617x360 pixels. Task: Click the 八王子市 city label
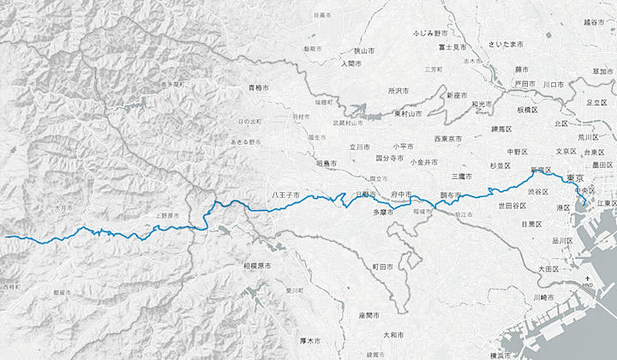click(x=285, y=195)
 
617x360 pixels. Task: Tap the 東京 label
click(x=576, y=177)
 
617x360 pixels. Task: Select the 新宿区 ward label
click(x=542, y=169)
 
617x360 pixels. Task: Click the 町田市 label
click(x=383, y=267)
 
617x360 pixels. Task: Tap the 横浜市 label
click(x=503, y=355)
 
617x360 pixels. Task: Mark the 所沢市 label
click(x=399, y=90)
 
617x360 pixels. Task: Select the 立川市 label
click(x=358, y=147)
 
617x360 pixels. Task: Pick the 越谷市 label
click(x=594, y=22)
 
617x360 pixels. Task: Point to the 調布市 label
click(x=451, y=195)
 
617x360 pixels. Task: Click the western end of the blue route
click(x=6, y=236)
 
